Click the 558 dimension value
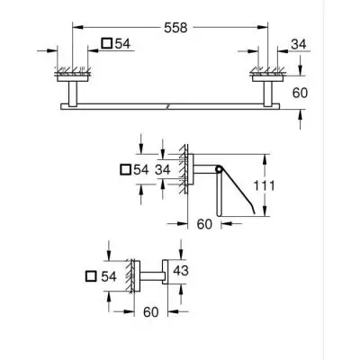(177, 29)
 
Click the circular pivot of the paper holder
(219, 168)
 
